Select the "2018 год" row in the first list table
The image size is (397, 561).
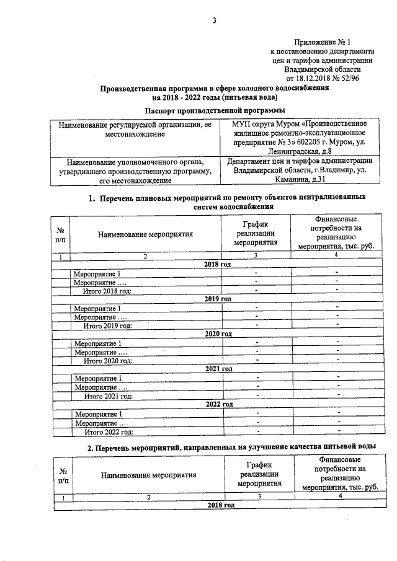coord(218,264)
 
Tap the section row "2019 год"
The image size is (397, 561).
coord(218,299)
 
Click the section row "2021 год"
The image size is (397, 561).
coord(218,369)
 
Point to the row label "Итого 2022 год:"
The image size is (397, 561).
coord(109,431)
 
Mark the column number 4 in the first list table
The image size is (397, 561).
coord(336,255)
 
